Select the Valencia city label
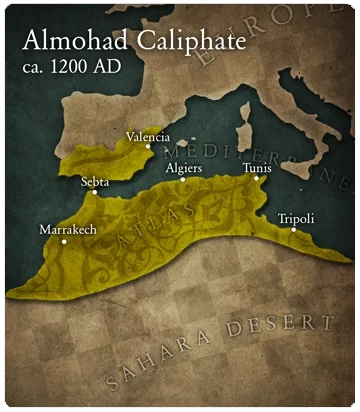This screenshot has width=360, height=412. pos(147,136)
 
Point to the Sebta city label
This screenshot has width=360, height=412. pos(95,182)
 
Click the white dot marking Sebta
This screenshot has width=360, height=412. pos(94,192)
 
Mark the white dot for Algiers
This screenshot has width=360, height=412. pos(182,179)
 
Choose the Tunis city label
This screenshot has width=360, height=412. pos(257,168)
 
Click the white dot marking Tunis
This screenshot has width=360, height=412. pos(256,179)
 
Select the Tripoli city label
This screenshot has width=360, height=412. pos(295,218)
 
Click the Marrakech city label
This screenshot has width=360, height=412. pos(66,229)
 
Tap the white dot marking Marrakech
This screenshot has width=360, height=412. pos(65,241)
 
